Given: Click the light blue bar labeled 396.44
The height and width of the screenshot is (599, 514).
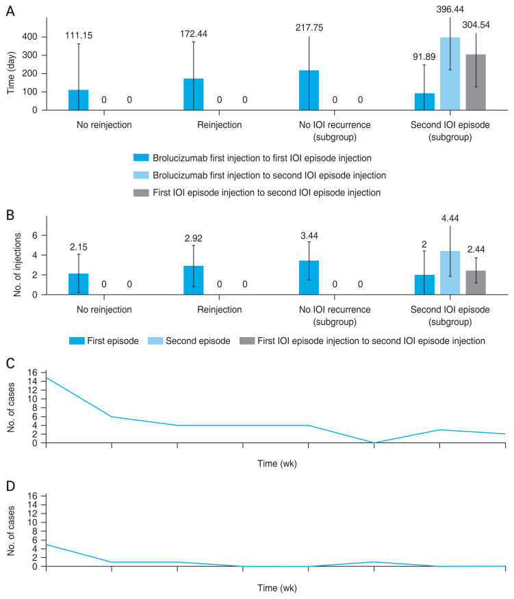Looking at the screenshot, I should click(450, 74).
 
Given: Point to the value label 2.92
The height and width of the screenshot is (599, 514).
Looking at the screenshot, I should click(194, 239).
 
